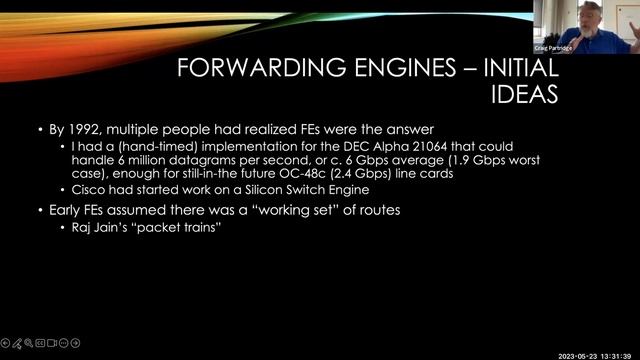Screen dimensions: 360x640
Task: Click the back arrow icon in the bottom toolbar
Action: click(x=6, y=341)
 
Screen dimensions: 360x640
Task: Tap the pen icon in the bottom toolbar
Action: click(x=18, y=341)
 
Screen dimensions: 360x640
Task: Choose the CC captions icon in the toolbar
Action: click(x=41, y=341)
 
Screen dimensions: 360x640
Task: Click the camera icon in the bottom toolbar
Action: click(x=53, y=341)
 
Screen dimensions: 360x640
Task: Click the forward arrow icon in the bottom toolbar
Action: click(x=76, y=341)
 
